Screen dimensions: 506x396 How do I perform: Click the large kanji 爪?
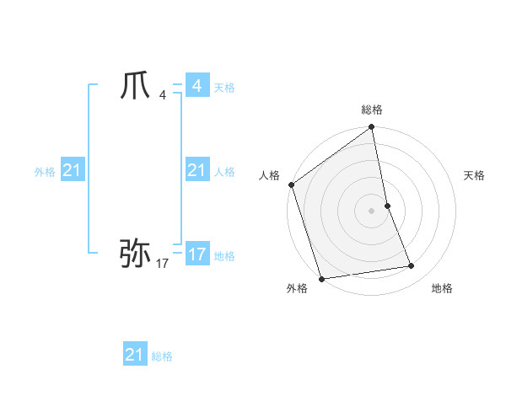click(136, 86)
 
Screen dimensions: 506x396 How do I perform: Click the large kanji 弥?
click(135, 252)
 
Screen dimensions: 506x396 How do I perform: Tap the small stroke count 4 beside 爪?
click(163, 94)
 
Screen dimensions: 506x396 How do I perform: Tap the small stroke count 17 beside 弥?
click(162, 264)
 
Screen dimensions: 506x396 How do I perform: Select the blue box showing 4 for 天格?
click(196, 86)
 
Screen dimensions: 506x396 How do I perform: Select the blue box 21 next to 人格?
click(196, 171)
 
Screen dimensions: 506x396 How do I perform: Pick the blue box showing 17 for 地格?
click(196, 254)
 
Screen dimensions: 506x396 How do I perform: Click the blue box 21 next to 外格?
click(72, 171)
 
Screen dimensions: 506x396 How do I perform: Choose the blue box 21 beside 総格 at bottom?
click(135, 355)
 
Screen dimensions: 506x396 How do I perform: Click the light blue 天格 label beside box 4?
click(224, 88)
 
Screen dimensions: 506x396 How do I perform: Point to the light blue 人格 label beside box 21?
click(224, 172)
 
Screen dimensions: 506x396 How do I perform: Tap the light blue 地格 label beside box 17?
click(224, 255)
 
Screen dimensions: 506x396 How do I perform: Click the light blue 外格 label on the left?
click(45, 172)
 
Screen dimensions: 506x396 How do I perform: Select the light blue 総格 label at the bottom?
click(162, 356)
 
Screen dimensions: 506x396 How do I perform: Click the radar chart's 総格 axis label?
click(372, 110)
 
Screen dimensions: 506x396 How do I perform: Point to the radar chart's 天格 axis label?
click(475, 175)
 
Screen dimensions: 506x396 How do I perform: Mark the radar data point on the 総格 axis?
click(372, 128)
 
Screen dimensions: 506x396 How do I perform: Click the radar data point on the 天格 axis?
click(387, 205)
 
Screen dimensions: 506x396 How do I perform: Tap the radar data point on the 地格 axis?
click(412, 266)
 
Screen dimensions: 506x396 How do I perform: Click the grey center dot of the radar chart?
click(372, 210)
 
